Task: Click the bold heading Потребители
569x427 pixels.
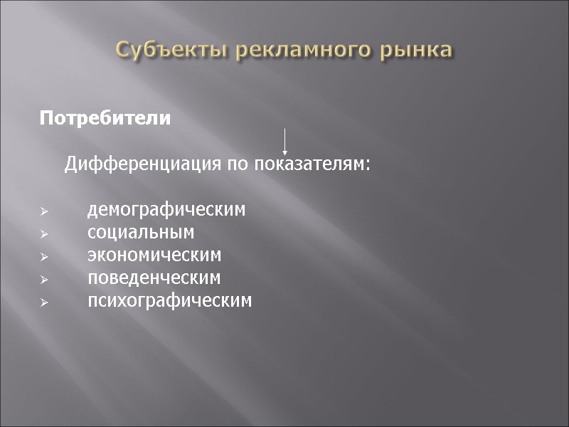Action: coord(105,118)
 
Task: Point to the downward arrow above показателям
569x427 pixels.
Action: coord(284,142)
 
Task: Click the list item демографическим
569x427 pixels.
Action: coord(166,210)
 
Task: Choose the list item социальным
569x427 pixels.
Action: coord(141,233)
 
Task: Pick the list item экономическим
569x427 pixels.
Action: coord(154,255)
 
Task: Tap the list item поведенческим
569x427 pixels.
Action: coord(154,278)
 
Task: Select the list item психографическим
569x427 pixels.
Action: coord(169,300)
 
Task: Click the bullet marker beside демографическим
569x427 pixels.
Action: coord(43,211)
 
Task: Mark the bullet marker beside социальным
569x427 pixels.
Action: coord(43,234)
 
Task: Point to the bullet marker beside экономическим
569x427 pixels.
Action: coord(43,256)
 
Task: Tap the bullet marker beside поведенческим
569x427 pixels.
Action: coord(43,279)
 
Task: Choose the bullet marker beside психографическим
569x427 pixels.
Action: coord(43,302)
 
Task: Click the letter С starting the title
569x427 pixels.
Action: coord(124,50)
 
